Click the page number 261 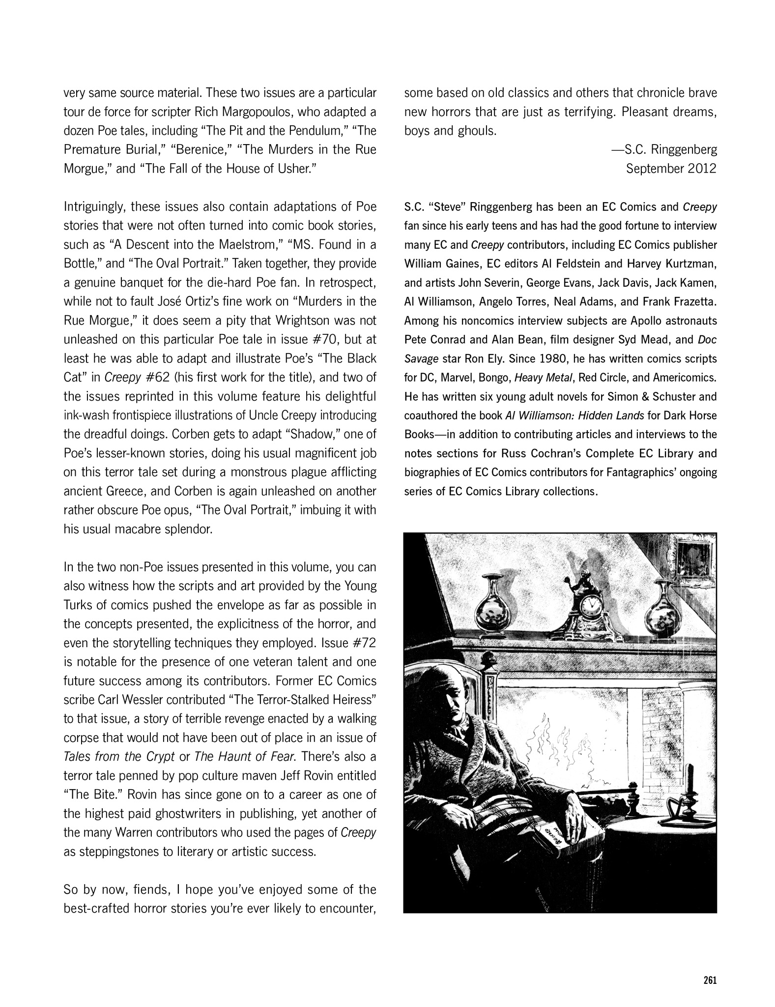coord(709,979)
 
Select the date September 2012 coord(671,169)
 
